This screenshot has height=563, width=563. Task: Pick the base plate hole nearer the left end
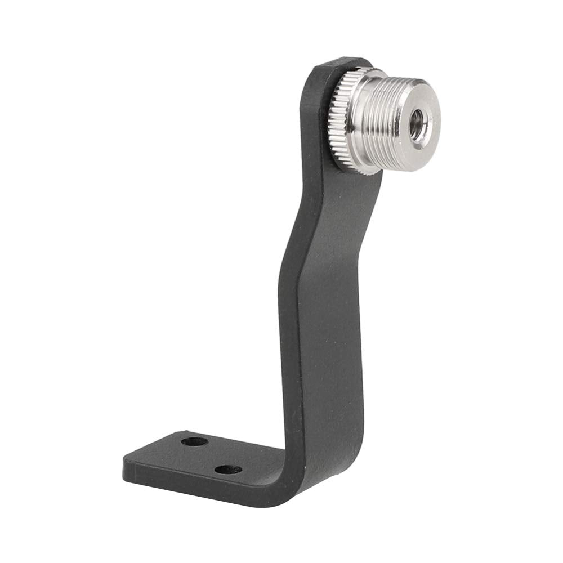coord(194,441)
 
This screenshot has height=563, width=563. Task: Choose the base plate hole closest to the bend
coord(229,469)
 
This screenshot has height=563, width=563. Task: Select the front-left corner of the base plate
coord(125,467)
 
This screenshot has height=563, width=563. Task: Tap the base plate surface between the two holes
coord(211,455)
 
